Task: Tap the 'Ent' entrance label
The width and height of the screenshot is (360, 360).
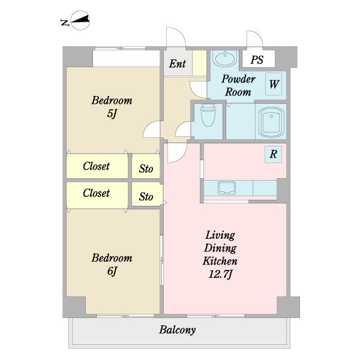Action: pyautogui.click(x=177, y=64)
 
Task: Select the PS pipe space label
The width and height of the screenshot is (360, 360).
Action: pyautogui.click(x=257, y=59)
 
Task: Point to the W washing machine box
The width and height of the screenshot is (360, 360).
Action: pyautogui.click(x=274, y=84)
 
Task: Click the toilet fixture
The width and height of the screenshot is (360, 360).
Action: pyautogui.click(x=208, y=115)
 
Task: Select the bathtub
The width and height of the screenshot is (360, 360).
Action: pyautogui.click(x=271, y=122)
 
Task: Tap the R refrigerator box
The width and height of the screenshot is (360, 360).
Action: pyautogui.click(x=273, y=154)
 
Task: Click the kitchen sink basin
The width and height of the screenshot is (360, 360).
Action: pyautogui.click(x=227, y=188)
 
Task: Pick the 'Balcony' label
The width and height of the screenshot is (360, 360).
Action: pyautogui.click(x=178, y=330)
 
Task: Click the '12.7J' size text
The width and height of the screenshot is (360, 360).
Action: pyautogui.click(x=220, y=274)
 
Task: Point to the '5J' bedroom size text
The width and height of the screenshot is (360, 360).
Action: pyautogui.click(x=112, y=113)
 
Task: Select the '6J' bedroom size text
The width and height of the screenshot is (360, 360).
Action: pyautogui.click(x=112, y=271)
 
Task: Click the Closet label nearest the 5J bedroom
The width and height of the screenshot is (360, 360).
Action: pyautogui.click(x=96, y=166)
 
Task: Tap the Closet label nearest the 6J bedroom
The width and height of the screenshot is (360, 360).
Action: pyautogui.click(x=96, y=193)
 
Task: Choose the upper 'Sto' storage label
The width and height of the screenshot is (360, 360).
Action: pyautogui.click(x=146, y=169)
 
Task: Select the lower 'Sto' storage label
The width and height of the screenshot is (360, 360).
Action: pyautogui.click(x=146, y=197)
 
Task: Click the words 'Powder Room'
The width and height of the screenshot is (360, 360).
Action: pyautogui.click(x=238, y=85)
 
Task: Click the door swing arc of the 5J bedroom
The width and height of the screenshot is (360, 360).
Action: pyautogui.click(x=147, y=126)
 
